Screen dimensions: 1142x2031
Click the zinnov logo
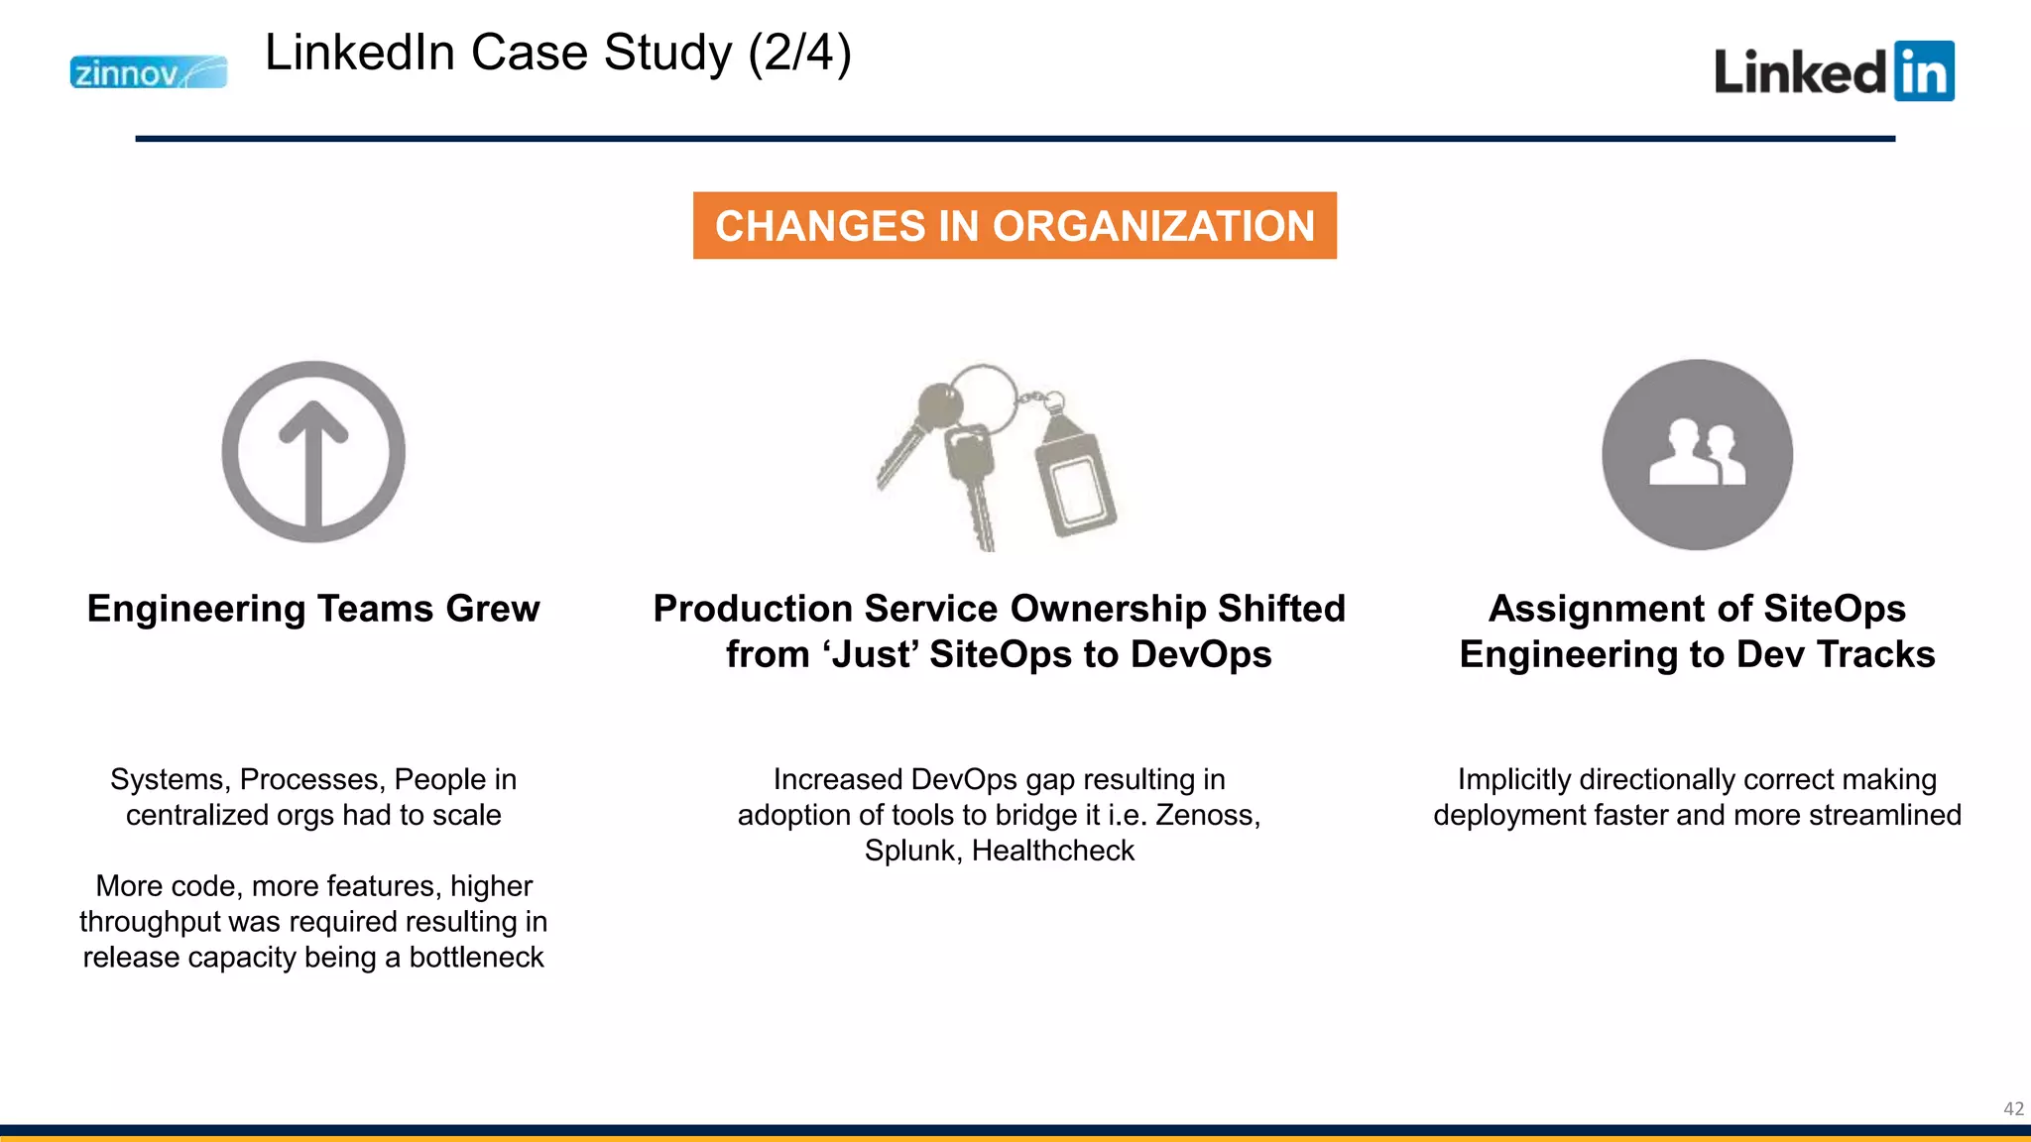point(148,72)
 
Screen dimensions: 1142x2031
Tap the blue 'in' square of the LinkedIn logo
point(1923,71)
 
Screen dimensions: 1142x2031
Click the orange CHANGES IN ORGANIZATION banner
point(1015,226)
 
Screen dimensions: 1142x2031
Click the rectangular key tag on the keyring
point(1075,486)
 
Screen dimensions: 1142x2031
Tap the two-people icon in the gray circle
point(1697,454)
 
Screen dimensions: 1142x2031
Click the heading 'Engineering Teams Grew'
point(313,609)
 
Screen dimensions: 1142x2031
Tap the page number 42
point(2013,1109)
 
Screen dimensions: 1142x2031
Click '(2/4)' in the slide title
point(799,53)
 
